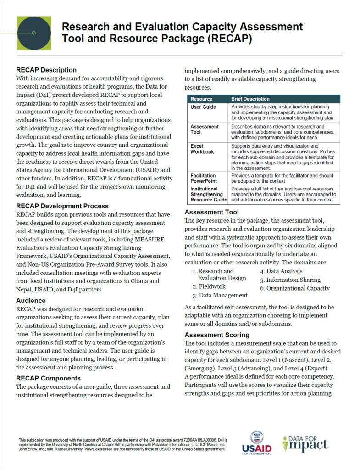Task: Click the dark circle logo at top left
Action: pyautogui.click(x=34, y=33)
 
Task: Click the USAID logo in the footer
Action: pyautogui.click(x=260, y=443)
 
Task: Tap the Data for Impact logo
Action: pyautogui.click(x=305, y=443)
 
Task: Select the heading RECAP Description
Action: pyautogui.click(x=46, y=70)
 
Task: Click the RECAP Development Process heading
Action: pyautogui.click(x=62, y=206)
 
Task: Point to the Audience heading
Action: pyautogui.click(x=31, y=301)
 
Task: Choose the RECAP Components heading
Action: pyautogui.click(x=49, y=378)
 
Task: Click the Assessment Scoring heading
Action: pyautogui.click(x=217, y=335)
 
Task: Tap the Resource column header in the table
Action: pyautogui.click(x=201, y=99)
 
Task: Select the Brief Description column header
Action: pyautogui.click(x=250, y=99)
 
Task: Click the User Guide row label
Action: pyautogui.click(x=203, y=107)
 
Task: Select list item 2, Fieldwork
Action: pyautogui.click(x=212, y=286)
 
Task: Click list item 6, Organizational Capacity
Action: pyautogui.click(x=298, y=288)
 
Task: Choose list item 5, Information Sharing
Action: pyautogui.click(x=293, y=280)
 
